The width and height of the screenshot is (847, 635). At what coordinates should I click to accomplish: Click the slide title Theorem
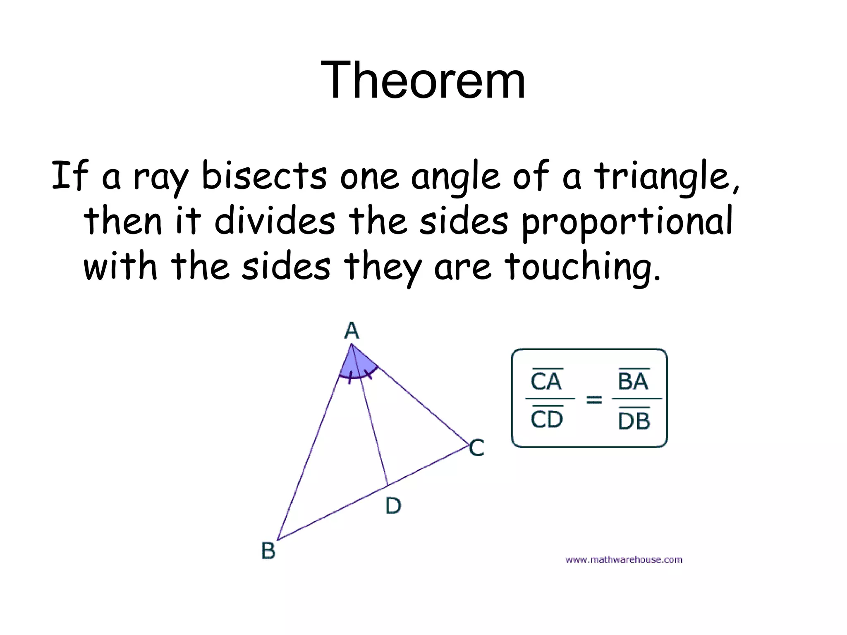click(x=423, y=80)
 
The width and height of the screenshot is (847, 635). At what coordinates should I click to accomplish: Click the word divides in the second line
click(x=275, y=221)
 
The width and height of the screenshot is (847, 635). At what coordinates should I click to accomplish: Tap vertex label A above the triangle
click(x=352, y=331)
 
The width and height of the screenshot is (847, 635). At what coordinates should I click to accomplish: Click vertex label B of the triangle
click(x=268, y=551)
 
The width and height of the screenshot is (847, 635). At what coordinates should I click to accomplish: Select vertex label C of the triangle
click(x=477, y=448)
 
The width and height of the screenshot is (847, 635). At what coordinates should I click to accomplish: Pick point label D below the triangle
click(x=393, y=506)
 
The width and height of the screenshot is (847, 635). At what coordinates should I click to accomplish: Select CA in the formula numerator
click(x=546, y=381)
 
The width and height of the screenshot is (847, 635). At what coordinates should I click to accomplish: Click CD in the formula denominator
click(x=547, y=419)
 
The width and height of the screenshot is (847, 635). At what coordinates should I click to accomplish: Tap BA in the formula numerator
click(x=633, y=381)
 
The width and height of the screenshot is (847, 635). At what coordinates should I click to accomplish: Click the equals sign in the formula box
click(x=594, y=399)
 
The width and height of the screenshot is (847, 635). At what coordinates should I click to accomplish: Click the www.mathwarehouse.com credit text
click(x=624, y=560)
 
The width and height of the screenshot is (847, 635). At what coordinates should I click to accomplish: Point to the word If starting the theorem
click(x=70, y=176)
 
